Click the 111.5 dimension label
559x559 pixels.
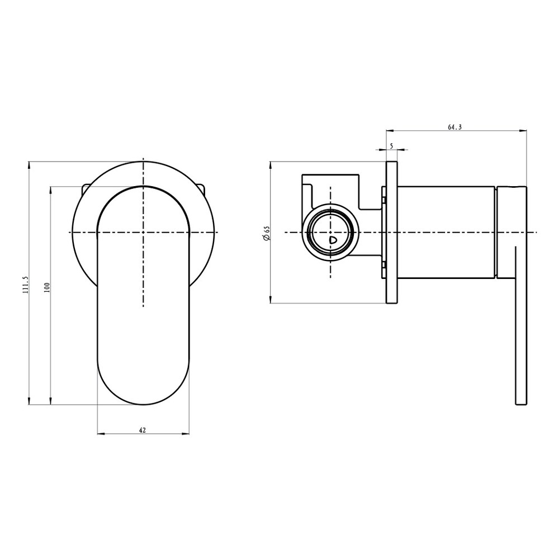(25, 285)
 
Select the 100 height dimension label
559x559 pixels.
(47, 287)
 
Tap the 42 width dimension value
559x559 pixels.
(142, 430)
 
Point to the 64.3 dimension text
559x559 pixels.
(454, 127)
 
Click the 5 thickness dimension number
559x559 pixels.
(391, 146)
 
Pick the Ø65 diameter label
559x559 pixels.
(267, 233)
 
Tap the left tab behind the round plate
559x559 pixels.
(85, 189)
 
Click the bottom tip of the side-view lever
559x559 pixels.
(520, 404)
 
